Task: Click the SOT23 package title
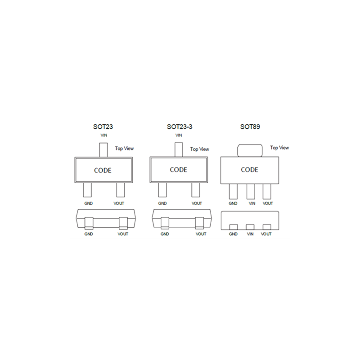click(x=103, y=127)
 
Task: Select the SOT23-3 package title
click(x=180, y=127)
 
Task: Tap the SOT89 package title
click(x=250, y=127)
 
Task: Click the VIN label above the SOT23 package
click(x=104, y=135)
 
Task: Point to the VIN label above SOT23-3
click(x=179, y=135)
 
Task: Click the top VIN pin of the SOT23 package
click(x=103, y=150)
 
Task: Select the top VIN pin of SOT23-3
click(x=179, y=150)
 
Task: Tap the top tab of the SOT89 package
click(x=250, y=151)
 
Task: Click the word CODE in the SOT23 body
click(x=103, y=171)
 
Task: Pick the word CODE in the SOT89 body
click(x=250, y=170)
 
